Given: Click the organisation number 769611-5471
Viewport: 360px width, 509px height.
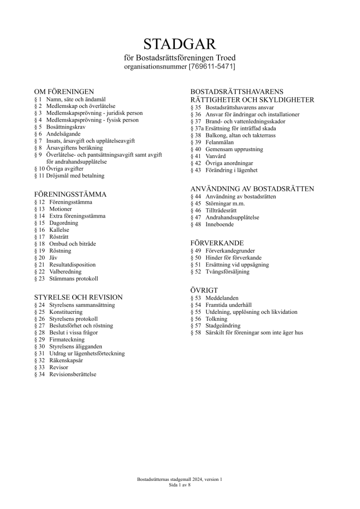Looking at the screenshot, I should pos(211,67).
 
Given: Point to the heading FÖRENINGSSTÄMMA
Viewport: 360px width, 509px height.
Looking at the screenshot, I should pos(71,194).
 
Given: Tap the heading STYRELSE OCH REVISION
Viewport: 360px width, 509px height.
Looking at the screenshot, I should pos(79,297).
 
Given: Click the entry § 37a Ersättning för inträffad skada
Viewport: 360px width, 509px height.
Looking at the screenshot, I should pos(233,128).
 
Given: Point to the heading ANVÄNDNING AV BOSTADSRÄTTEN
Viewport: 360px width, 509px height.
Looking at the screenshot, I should pos(252,189).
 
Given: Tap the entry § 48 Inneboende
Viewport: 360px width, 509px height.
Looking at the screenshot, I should pos(212,224).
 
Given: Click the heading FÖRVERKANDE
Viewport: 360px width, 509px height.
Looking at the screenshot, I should pos(217,243).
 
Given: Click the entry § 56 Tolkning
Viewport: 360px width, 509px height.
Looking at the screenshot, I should pos(210,319).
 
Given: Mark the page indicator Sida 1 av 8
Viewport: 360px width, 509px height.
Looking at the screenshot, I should pos(180,486).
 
